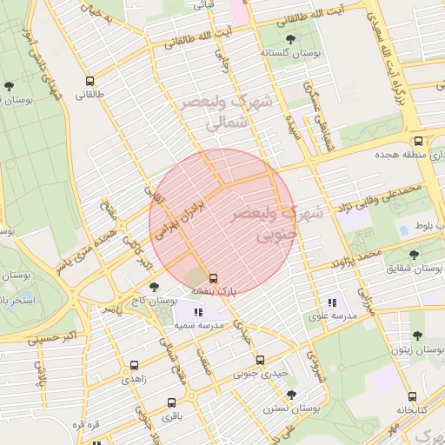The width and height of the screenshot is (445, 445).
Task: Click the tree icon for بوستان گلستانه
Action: [290, 38]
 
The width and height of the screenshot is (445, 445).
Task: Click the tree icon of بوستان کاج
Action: [154, 286]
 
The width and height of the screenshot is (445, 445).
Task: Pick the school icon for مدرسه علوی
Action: [331, 302]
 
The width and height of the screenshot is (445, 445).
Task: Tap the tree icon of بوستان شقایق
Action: [412, 255]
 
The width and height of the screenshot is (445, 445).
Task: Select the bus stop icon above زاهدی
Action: [133, 366]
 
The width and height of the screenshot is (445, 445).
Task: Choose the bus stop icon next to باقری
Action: [171, 402]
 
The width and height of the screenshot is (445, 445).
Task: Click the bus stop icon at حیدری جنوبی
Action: [259, 360]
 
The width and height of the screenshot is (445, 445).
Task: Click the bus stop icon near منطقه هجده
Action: [419, 140]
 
